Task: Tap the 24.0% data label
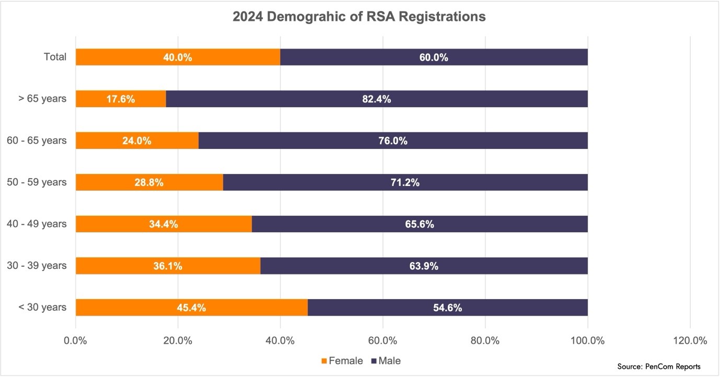(137, 140)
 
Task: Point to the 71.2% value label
(405, 182)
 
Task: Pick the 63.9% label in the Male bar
(423, 266)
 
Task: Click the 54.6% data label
(447, 308)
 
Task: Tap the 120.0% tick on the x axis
(690, 341)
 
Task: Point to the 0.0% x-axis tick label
(75, 341)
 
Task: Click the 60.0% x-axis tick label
(382, 341)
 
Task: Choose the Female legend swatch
(324, 361)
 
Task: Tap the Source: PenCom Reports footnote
(658, 367)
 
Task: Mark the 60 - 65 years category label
(37, 140)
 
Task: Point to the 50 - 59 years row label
(37, 182)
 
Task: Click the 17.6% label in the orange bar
(120, 99)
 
